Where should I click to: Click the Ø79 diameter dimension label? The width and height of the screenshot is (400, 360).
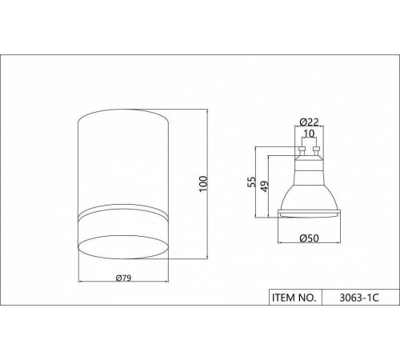coord(123,278)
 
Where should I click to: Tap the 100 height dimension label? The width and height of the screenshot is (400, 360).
coord(203,183)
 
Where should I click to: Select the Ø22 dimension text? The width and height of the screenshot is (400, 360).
coord(309,122)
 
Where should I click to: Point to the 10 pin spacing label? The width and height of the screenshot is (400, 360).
coord(309,134)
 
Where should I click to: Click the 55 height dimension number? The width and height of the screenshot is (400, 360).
coord(251,182)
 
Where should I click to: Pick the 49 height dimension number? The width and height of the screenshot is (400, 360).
coord(265,186)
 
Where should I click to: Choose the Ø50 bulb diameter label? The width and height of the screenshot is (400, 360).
coord(309,238)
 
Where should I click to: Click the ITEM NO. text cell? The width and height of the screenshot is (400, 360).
coord(294,298)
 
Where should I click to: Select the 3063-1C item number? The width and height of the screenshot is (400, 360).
coord(359,298)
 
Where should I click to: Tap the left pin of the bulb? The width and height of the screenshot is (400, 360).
coord(302,151)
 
